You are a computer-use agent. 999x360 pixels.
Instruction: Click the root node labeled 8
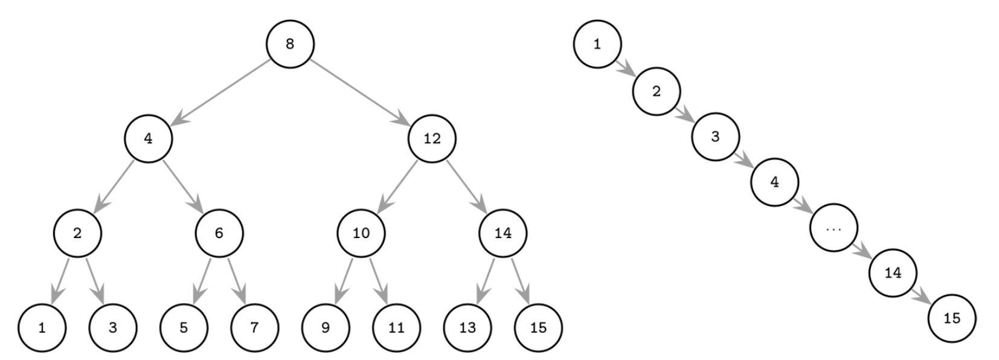(x=290, y=43)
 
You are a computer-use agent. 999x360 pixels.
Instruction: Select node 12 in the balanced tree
(x=432, y=138)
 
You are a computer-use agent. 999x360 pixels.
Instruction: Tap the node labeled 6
(x=219, y=233)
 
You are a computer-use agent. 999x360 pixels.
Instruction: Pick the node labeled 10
(x=361, y=233)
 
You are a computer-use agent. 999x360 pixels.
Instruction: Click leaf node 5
(x=184, y=327)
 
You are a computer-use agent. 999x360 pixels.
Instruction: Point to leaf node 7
(x=254, y=327)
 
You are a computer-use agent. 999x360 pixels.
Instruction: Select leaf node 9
(x=326, y=327)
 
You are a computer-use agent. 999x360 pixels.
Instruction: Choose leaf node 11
(x=396, y=327)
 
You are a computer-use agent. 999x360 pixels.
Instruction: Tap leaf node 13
(x=467, y=327)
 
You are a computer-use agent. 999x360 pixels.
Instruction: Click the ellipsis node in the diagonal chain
(x=834, y=228)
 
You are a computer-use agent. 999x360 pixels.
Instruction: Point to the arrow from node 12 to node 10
(x=396, y=185)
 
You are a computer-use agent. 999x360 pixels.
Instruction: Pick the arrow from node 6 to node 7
(x=237, y=280)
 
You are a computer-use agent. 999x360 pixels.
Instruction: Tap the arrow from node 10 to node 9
(x=343, y=280)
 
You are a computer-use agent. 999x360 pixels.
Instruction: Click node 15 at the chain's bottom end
(x=952, y=318)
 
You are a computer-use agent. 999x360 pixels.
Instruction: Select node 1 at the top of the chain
(x=597, y=43)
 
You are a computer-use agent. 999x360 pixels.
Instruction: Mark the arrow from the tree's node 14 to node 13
(x=485, y=280)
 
